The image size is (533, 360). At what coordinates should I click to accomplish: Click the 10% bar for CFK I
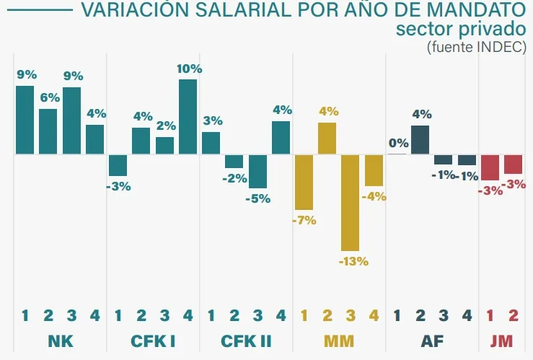tap(188, 117)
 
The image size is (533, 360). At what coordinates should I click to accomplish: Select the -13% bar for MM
tap(351, 203)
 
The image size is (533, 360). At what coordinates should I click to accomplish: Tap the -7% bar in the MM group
tap(304, 183)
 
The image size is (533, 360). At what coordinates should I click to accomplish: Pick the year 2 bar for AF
tap(420, 140)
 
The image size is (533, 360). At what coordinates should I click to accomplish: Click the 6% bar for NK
tap(48, 131)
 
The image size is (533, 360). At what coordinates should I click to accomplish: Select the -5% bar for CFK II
tap(257, 172)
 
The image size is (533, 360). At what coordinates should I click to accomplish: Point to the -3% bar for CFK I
tap(118, 165)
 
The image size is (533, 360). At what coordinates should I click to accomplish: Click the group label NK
tap(60, 340)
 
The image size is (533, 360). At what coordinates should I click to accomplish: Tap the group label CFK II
tap(246, 340)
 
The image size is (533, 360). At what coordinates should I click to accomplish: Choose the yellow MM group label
tap(339, 340)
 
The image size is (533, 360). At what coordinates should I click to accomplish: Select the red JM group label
tap(501, 340)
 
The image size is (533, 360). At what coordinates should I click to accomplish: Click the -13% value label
tap(353, 261)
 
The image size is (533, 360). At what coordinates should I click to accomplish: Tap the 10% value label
tap(189, 69)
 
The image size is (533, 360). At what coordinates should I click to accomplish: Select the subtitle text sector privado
tap(461, 30)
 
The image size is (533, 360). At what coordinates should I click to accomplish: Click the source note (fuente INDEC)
tap(476, 47)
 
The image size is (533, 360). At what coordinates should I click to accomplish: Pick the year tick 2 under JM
tap(514, 315)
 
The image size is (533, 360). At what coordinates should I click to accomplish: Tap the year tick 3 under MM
tap(351, 315)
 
